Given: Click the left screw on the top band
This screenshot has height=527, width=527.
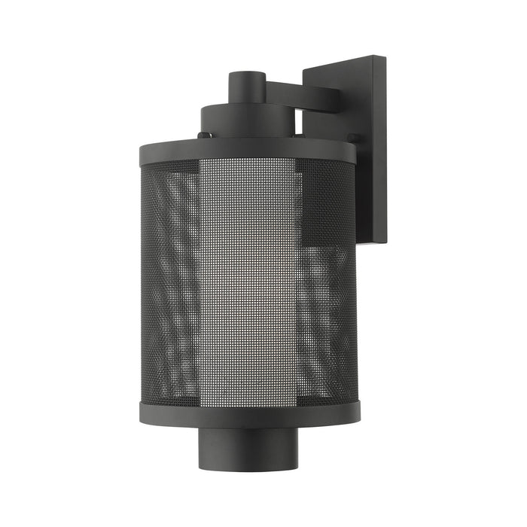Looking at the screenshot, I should pos(203,136).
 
